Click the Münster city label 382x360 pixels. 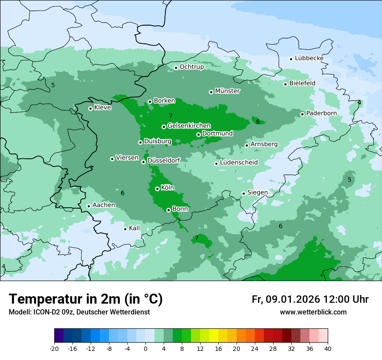coord(227,91)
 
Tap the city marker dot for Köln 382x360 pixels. coord(157,189)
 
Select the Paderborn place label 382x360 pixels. coord(321,113)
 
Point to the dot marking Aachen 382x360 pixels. coord(89,206)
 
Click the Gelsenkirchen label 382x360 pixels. coord(189,126)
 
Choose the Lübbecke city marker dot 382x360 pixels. coord(291,59)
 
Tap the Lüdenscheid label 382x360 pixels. coord(239,163)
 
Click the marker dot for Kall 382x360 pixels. coord(125,229)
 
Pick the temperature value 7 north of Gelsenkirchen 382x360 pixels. coord(171,116)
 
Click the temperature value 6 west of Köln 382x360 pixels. coord(122,193)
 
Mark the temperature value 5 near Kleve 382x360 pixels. coord(53,85)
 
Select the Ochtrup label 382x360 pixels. coord(191,67)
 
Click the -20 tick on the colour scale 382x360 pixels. coord(54,348)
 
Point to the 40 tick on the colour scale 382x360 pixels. coord(328,348)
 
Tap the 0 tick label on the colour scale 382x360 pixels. coord(145,348)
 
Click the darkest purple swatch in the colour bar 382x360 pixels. coord(59,336)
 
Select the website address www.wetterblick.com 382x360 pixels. coord(313,312)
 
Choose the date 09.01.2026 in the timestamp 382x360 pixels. coord(293,299)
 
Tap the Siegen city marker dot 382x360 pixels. coord(244,193)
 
